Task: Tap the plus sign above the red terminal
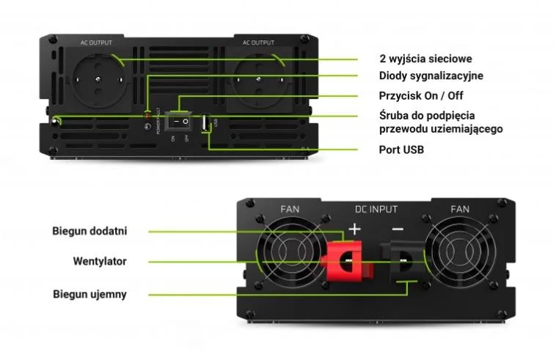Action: pyautogui.click(x=355, y=229)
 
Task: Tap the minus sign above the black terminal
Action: pyautogui.click(x=397, y=229)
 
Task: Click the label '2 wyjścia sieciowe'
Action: pyautogui.click(x=425, y=59)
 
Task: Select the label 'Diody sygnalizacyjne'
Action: pyautogui.click(x=431, y=76)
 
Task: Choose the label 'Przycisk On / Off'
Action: pyautogui.click(x=420, y=95)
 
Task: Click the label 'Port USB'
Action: pyautogui.click(x=401, y=150)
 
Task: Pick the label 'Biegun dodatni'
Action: pyautogui.click(x=89, y=231)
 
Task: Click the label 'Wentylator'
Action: pyautogui.click(x=100, y=261)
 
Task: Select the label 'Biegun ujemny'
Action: pyautogui.click(x=89, y=294)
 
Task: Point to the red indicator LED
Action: pyautogui.click(x=147, y=115)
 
